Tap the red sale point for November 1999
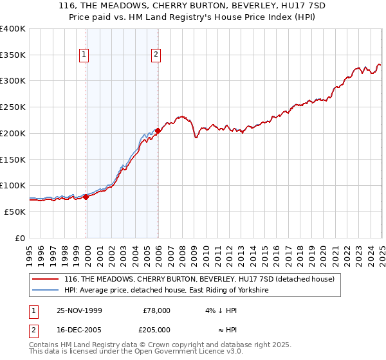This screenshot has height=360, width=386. [x=86, y=197]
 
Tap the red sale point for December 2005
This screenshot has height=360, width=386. [x=158, y=130]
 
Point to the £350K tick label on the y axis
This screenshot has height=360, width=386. [x=13, y=55]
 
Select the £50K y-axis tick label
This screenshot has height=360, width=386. [x=15, y=212]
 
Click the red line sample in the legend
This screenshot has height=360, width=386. [x=45, y=280]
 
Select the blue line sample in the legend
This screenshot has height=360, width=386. [x=45, y=291]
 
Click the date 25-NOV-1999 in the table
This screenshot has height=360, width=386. [x=79, y=310]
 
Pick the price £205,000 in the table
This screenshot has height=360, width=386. [x=156, y=329]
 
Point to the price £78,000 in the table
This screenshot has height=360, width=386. [x=156, y=310]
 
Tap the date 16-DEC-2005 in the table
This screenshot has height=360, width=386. [x=79, y=329]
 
